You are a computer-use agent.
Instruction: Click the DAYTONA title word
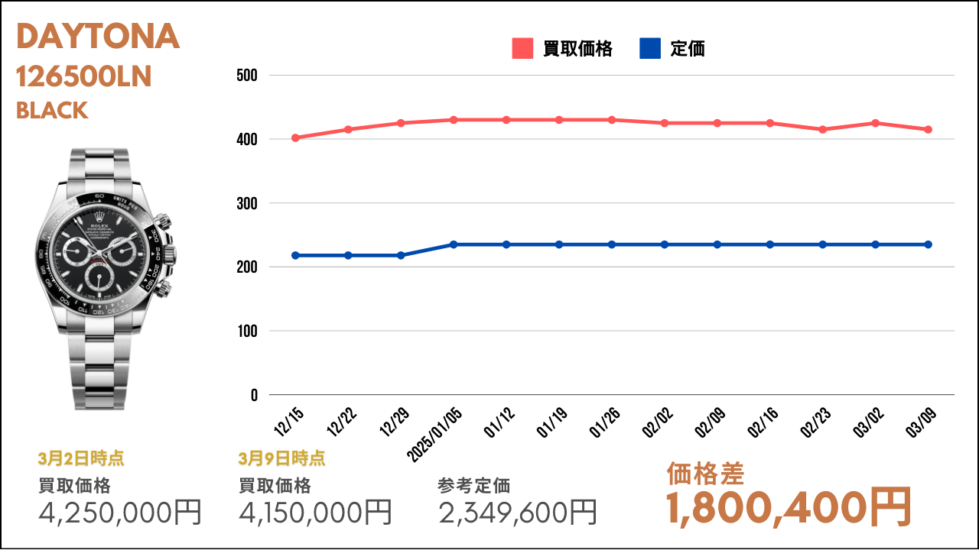[x=98, y=36]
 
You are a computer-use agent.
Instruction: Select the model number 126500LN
[x=84, y=77]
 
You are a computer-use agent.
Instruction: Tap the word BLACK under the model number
[x=52, y=111]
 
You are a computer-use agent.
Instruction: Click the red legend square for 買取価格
[x=522, y=48]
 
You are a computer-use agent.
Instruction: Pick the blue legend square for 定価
[x=650, y=48]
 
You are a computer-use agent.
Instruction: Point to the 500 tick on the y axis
[x=247, y=76]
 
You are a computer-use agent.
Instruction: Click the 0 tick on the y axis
[x=254, y=396]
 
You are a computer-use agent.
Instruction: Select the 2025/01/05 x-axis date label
[x=434, y=435]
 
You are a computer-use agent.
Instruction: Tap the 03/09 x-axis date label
[x=921, y=422]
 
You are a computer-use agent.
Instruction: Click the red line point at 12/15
[x=295, y=138]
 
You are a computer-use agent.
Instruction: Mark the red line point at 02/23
[x=822, y=130]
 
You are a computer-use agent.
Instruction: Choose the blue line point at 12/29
[x=401, y=255]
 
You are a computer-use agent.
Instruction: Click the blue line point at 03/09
[x=929, y=244]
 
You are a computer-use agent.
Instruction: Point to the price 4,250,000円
[x=120, y=512]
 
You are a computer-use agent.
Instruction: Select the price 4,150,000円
[x=315, y=512]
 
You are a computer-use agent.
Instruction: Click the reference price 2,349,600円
[x=518, y=512]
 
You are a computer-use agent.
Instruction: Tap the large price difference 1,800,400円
[x=789, y=508]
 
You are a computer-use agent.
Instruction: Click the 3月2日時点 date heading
[x=81, y=458]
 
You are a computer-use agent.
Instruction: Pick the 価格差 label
[x=705, y=474]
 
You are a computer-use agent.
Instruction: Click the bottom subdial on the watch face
[x=99, y=276]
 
